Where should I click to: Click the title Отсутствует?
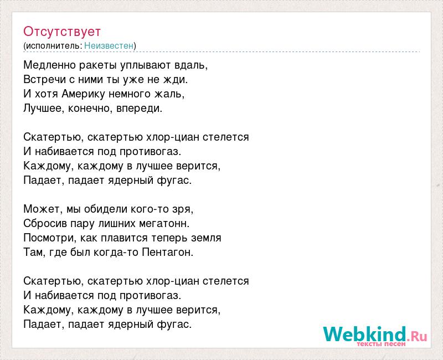[x=62, y=32]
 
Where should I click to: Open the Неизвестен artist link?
[x=109, y=45]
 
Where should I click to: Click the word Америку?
[x=84, y=94]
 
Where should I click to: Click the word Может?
[x=42, y=209]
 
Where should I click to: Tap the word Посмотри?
[x=49, y=238]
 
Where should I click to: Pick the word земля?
[x=206, y=238]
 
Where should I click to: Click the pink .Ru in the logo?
[x=417, y=337]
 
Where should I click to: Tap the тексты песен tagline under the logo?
[x=381, y=344]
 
